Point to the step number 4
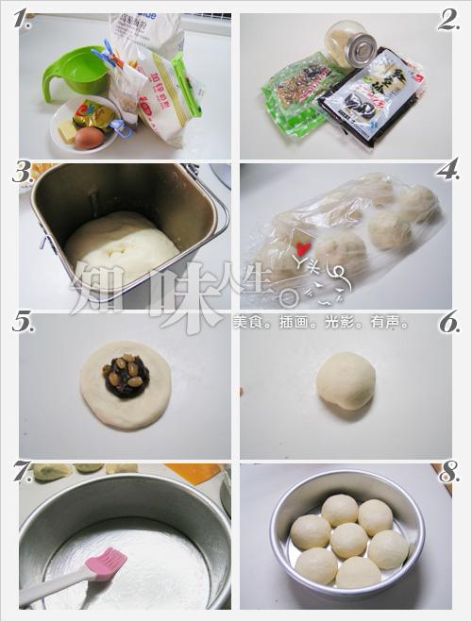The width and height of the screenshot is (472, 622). pyautogui.click(x=447, y=171)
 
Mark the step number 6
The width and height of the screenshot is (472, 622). pyautogui.click(x=448, y=324)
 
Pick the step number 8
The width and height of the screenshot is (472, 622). pyautogui.click(x=448, y=473)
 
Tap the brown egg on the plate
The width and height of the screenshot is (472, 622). pyautogui.click(x=89, y=138)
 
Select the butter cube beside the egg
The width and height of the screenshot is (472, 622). pyautogui.click(x=67, y=130)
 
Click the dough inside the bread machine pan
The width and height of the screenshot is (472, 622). pyautogui.click(x=121, y=247)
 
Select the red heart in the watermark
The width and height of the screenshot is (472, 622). pyautogui.click(x=303, y=250)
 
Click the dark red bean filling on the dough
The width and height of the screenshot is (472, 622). pyautogui.click(x=126, y=378)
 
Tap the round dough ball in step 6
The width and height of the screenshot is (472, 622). pyautogui.click(x=346, y=380)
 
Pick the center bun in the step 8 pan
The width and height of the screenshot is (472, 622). pyautogui.click(x=348, y=540)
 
